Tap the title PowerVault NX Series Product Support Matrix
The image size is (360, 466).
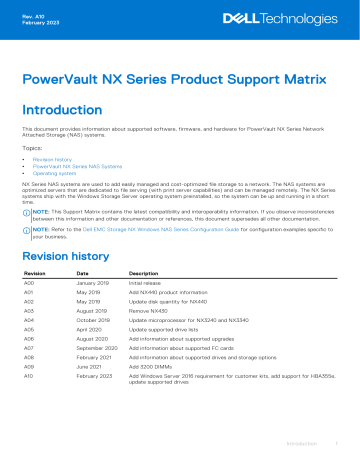179,79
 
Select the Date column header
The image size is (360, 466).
82,273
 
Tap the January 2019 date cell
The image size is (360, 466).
93,283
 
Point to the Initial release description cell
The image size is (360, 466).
151,283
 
